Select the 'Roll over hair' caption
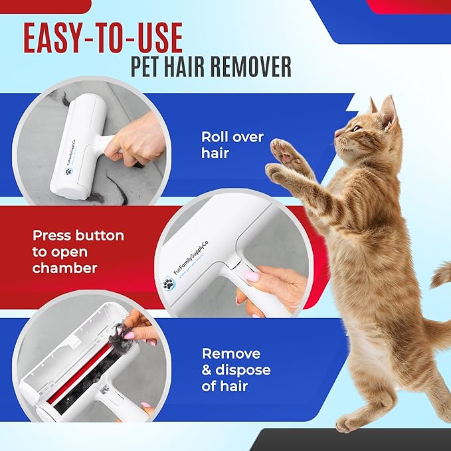pyautogui.click(x=232, y=145)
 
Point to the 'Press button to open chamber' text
pyautogui.click(x=78, y=252)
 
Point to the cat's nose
pyautogui.click(x=337, y=134)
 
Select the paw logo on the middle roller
pyautogui.click(x=169, y=284)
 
